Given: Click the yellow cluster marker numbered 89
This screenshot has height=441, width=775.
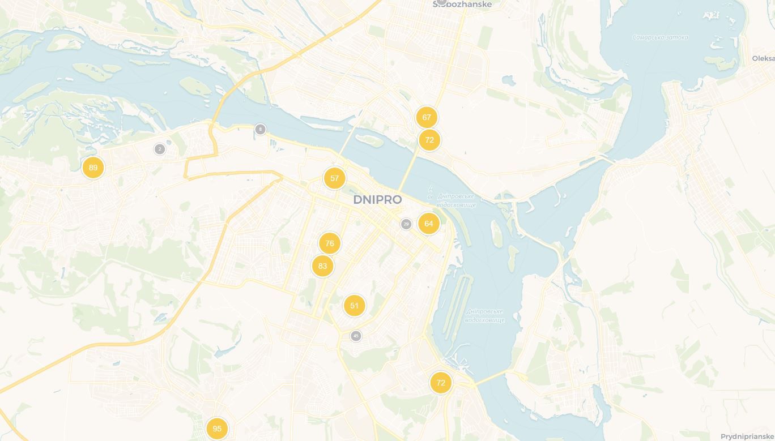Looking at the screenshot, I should tap(93, 168).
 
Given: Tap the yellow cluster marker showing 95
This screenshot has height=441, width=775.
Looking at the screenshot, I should tap(217, 429).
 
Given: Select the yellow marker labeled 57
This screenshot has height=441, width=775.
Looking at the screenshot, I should tap(334, 178).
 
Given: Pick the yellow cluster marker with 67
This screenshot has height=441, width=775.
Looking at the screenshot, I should tap(427, 117).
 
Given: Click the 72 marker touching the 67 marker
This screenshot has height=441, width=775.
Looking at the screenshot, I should tap(429, 140).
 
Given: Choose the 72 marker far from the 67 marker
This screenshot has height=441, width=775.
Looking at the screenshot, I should tap(441, 383).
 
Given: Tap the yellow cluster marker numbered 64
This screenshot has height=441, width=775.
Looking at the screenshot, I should tap(429, 224).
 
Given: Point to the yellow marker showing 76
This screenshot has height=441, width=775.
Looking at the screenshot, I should tap(330, 243).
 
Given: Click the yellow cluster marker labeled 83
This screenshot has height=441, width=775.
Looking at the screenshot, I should tap(322, 266).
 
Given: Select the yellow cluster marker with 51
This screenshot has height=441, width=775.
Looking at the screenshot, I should tap(354, 306).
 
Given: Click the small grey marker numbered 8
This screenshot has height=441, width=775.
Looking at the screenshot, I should tap(260, 129).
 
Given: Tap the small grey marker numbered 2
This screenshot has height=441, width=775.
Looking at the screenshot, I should tap(160, 149).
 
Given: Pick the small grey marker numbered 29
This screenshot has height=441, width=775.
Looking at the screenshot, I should tap(406, 224).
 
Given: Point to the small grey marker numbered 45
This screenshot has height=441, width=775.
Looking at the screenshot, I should tap(356, 336).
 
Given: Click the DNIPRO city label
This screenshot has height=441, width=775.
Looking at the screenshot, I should tap(377, 200).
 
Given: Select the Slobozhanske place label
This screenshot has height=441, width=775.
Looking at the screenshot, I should tap(462, 5).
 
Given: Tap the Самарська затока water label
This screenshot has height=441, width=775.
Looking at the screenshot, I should tap(660, 37).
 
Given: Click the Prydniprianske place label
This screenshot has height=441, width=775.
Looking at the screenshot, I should tap(747, 436).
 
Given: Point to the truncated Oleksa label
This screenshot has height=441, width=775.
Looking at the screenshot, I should tap(763, 58).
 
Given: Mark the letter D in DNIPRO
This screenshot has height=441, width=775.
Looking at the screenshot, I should tap(358, 200).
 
